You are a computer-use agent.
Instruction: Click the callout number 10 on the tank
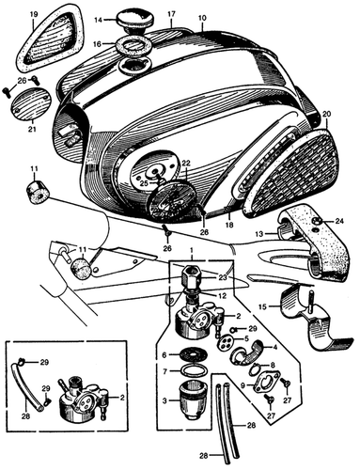tap(202, 19)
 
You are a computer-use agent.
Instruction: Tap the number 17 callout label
tap(171, 14)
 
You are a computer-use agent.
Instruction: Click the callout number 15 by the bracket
tap(262, 306)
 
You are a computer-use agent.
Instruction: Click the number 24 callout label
tap(341, 222)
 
